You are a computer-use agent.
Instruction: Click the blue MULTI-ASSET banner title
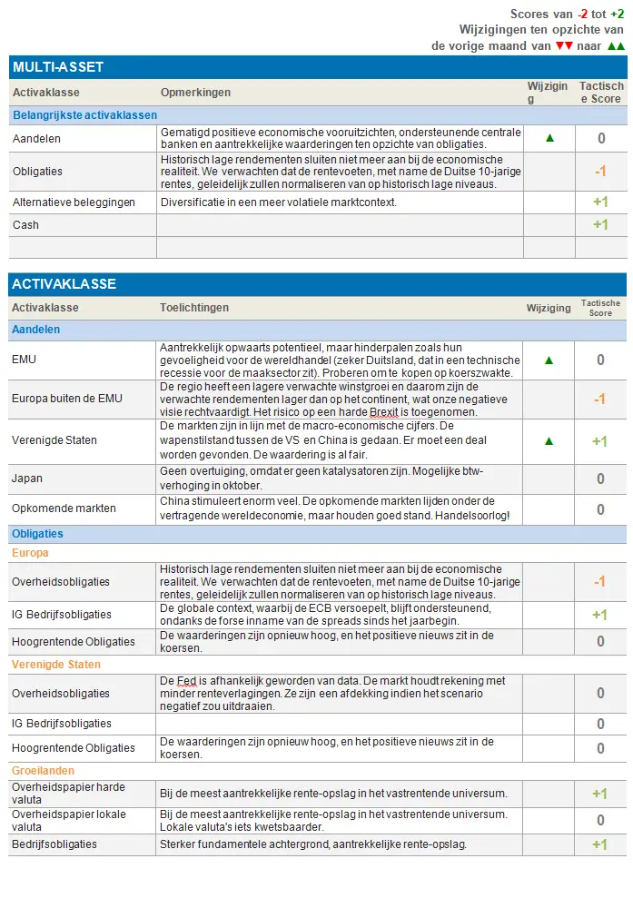pos(58,67)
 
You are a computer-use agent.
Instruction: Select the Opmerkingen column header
pos(195,93)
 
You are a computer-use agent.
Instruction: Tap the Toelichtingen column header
pos(194,309)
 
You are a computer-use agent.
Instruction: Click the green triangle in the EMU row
pos(548,360)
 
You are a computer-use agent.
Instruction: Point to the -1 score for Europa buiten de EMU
pos(599,399)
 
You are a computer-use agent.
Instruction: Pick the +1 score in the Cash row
pos(599,224)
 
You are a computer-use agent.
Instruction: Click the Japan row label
pos(28,478)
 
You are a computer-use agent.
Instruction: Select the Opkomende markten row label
pos(64,508)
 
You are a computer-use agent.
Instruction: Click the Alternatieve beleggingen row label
pos(74,202)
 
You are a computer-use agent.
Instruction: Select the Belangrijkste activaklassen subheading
pos(84,115)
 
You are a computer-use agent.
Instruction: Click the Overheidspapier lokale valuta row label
pos(69,820)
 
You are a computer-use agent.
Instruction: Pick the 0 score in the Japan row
pos(600,478)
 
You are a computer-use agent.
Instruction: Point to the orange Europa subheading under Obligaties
pos(30,553)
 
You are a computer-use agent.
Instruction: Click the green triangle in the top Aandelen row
pos(548,138)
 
